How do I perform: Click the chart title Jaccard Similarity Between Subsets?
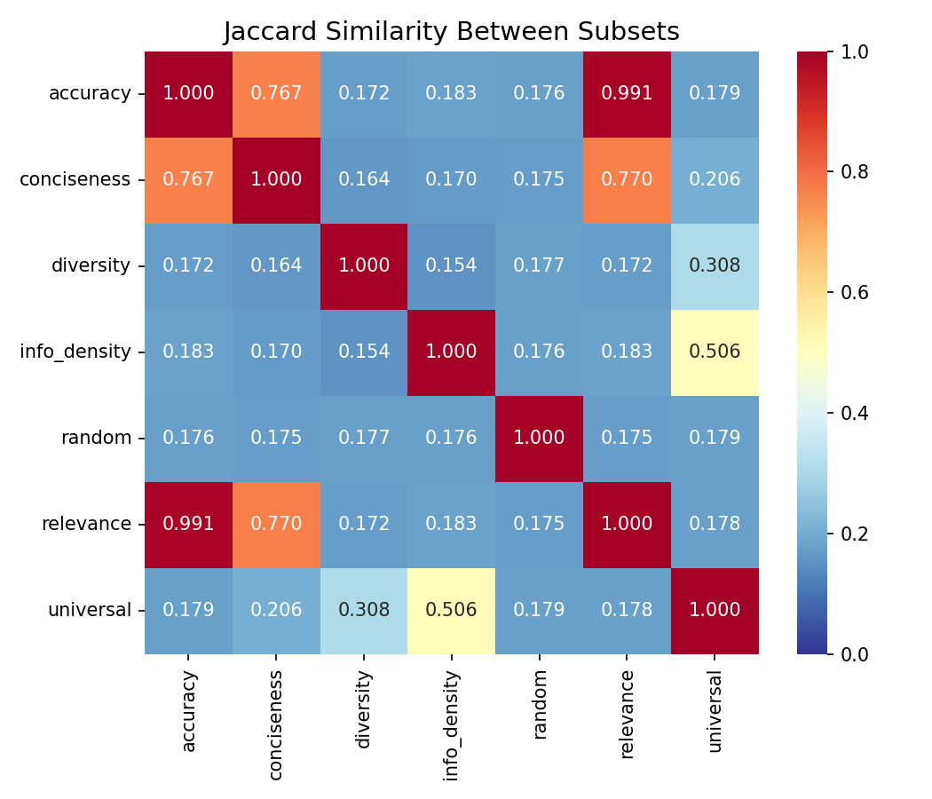click(451, 32)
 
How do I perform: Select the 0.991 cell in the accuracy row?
click(627, 93)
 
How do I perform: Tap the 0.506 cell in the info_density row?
click(715, 352)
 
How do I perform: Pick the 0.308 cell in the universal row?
click(363, 610)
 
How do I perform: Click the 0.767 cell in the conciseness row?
click(188, 179)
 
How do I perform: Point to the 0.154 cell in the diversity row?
click(451, 265)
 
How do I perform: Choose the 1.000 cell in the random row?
click(539, 438)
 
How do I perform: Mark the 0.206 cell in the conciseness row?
click(715, 179)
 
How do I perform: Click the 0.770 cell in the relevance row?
click(276, 524)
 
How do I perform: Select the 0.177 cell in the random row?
click(363, 438)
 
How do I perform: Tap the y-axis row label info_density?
click(75, 352)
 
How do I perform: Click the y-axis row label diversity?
click(91, 265)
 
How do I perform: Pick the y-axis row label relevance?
click(86, 524)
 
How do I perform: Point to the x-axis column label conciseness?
click(276, 724)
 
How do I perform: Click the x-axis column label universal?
click(715, 711)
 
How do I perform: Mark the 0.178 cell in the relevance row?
click(715, 524)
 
